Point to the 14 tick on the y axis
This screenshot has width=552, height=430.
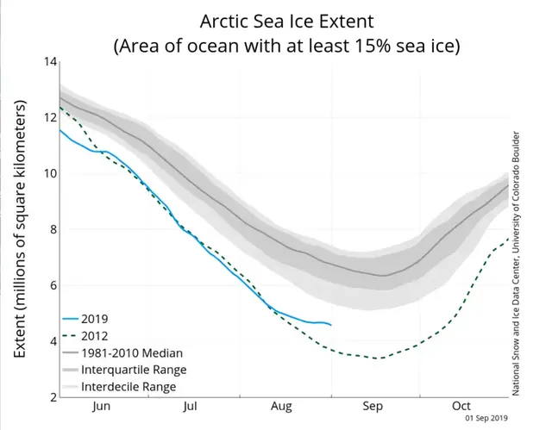(50, 62)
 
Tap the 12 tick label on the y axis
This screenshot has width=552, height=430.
(50, 118)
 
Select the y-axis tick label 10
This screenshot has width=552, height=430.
(50, 173)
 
